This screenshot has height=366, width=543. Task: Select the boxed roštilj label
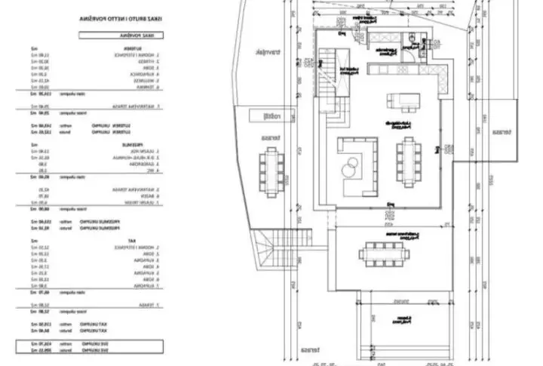click(265, 116)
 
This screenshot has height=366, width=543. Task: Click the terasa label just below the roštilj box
click(266, 139)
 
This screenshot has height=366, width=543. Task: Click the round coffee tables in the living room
click(351, 165)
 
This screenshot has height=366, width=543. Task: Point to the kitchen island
click(400, 101)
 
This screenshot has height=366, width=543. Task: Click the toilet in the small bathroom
click(410, 38)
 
